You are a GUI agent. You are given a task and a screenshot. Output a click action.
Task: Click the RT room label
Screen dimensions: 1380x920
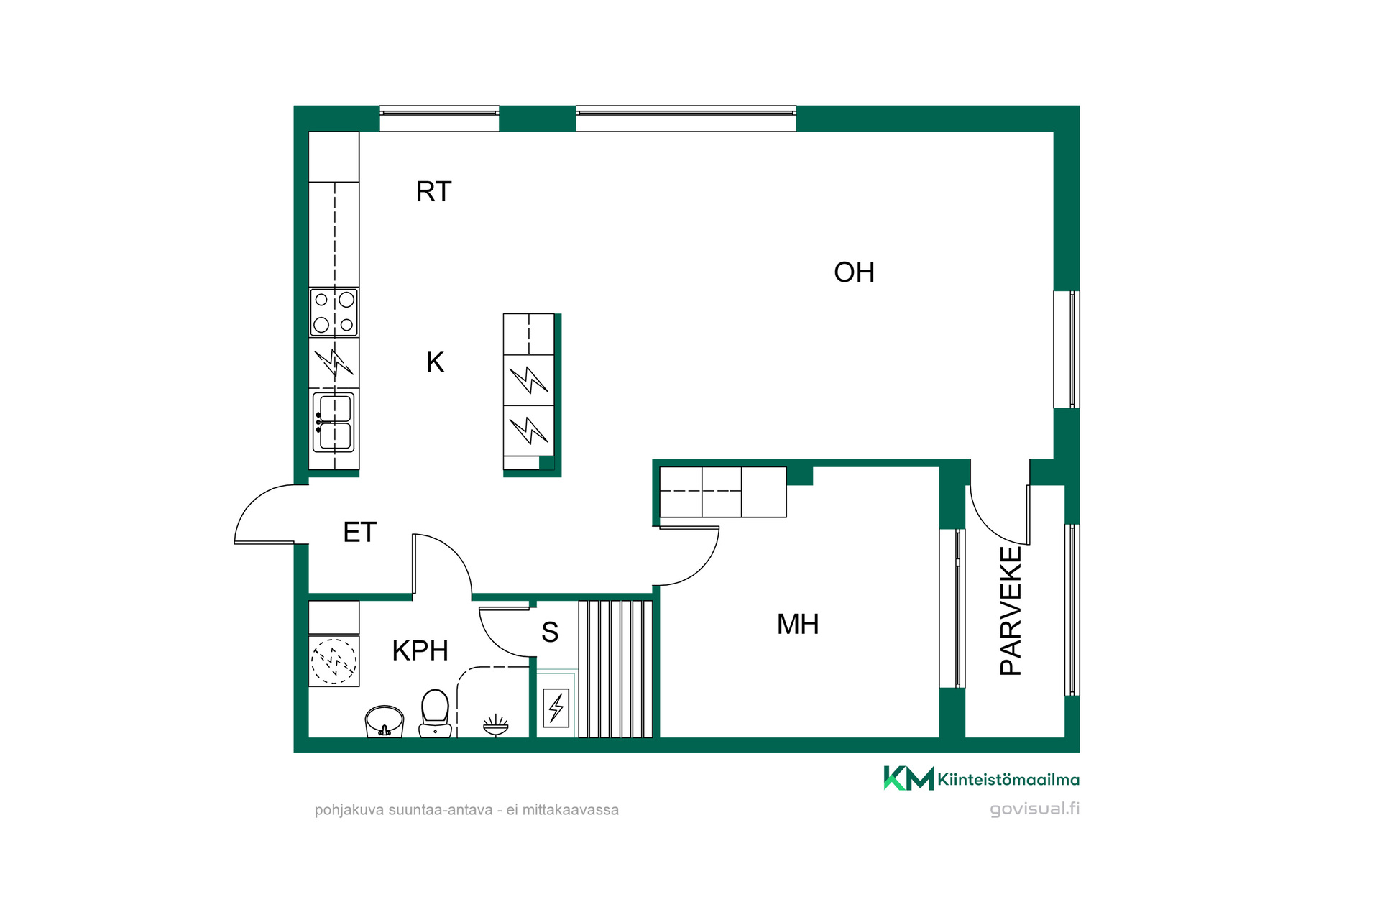coord(433,192)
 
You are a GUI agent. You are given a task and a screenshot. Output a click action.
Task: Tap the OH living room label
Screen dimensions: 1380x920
coord(854,272)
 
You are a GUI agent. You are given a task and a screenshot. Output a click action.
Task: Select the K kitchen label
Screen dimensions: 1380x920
coord(435,362)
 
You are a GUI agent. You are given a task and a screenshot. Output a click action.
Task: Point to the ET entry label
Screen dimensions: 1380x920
coord(359,533)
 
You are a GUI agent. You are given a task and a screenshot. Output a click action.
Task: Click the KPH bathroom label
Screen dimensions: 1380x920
coord(420,650)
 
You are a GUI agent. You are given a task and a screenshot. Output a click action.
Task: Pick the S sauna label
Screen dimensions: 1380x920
coord(550,632)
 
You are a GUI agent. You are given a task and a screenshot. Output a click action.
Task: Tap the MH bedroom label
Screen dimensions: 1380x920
coord(798,624)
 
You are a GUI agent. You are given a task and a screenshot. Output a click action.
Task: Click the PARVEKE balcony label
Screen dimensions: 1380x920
coord(1011,610)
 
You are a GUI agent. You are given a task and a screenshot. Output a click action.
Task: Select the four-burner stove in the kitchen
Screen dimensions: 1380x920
coord(334,312)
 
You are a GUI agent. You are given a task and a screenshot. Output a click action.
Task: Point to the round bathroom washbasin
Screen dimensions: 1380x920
coord(385,721)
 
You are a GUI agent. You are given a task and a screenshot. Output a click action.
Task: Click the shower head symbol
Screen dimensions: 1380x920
coord(495,725)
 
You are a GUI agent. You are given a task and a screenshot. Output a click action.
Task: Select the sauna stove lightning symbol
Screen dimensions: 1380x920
coord(556,708)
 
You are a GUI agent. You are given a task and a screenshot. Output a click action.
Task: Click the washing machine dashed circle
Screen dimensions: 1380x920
coord(333,661)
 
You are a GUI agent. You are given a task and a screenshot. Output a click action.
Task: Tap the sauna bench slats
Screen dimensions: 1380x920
coord(615,668)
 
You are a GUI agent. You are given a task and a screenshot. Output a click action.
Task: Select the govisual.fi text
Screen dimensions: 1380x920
coord(1034,809)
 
